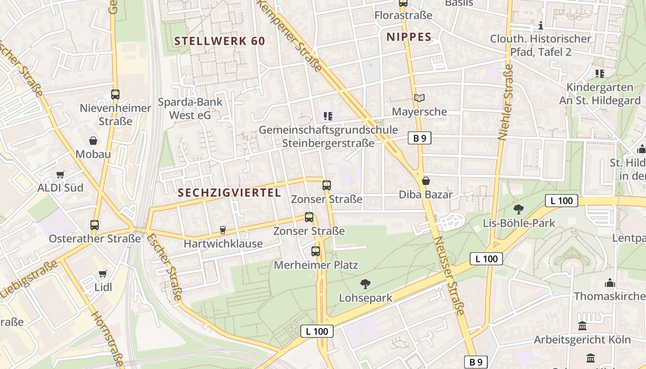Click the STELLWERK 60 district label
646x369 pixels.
pyautogui.click(x=220, y=41)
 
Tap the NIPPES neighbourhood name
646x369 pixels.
pyautogui.click(x=409, y=37)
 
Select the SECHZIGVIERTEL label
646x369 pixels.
pyautogui.click(x=229, y=193)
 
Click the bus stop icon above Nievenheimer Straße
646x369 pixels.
pyautogui.click(x=115, y=95)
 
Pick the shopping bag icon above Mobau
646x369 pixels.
pyautogui.click(x=93, y=141)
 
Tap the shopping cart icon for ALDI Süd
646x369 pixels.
pyautogui.click(x=60, y=174)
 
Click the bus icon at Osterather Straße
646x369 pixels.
pyautogui.click(x=95, y=225)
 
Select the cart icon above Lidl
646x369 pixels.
pyautogui.click(x=102, y=274)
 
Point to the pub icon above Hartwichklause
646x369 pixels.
pyautogui.click(x=223, y=230)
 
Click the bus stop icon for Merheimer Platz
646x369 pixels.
pyautogui.click(x=316, y=251)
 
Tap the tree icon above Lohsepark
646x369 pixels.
pyautogui.click(x=365, y=284)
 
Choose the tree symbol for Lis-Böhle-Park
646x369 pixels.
pyautogui.click(x=519, y=209)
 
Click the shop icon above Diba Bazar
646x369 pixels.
pyautogui.click(x=426, y=180)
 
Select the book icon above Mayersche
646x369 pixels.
pyautogui.click(x=419, y=98)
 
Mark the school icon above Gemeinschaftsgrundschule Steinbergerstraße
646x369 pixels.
pyautogui.click(x=328, y=116)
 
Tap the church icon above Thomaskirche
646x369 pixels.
pyautogui.click(x=610, y=282)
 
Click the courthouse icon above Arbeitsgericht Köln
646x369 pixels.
pyautogui.click(x=582, y=326)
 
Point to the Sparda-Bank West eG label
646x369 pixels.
pyautogui.click(x=190, y=108)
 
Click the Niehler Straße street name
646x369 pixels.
pyautogui.click(x=506, y=101)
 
